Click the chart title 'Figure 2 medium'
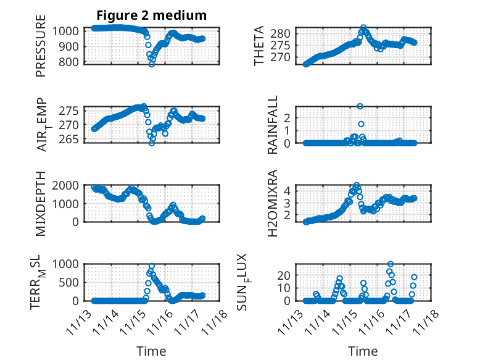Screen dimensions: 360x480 click(151, 15)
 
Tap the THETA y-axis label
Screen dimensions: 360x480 click(260, 46)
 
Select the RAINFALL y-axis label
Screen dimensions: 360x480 click(272, 125)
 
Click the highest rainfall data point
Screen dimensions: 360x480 click(360, 106)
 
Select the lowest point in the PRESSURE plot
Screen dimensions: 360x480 click(152, 64)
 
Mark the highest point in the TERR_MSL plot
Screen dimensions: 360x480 click(152, 266)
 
